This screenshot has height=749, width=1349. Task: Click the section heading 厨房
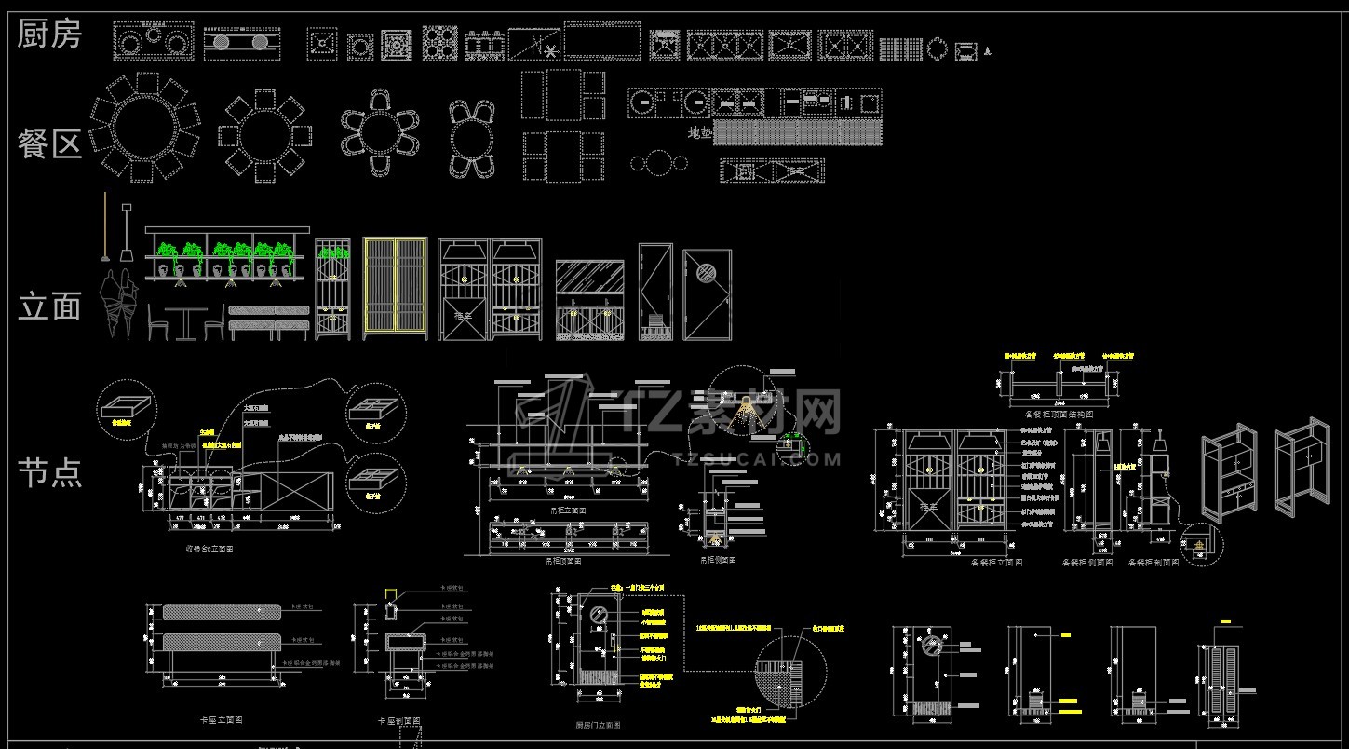point(50,34)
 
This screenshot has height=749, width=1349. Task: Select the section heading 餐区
point(50,143)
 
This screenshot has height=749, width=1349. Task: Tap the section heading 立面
point(50,306)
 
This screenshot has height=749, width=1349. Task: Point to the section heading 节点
point(50,472)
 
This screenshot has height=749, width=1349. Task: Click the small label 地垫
point(699,134)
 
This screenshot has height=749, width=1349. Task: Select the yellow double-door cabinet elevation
point(395,288)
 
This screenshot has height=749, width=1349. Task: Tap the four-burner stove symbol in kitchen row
point(441,43)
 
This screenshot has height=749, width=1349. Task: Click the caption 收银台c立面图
point(209,549)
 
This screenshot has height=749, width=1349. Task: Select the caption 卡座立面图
point(221,720)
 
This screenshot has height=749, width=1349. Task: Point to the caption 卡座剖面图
point(398,721)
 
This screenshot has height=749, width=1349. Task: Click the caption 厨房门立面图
point(598,724)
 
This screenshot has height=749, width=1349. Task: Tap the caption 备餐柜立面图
point(997,563)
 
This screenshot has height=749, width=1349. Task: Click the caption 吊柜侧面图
point(718,560)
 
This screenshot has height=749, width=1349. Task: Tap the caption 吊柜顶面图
point(563,561)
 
